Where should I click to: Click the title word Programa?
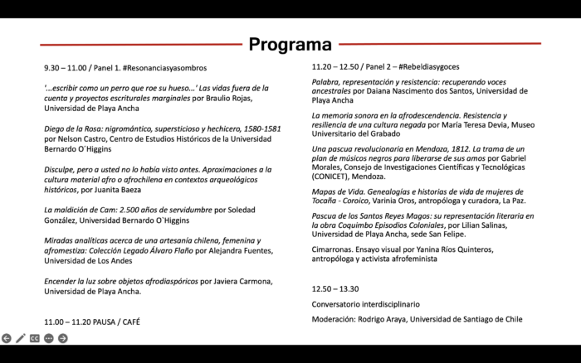[x=290, y=44]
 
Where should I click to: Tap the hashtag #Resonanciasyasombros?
[x=164, y=68]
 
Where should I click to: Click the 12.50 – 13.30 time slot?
[x=334, y=289]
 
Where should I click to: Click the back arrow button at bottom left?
[x=7, y=338]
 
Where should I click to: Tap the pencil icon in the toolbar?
[x=21, y=338]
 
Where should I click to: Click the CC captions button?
[x=35, y=338]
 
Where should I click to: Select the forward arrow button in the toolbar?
[x=62, y=338]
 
